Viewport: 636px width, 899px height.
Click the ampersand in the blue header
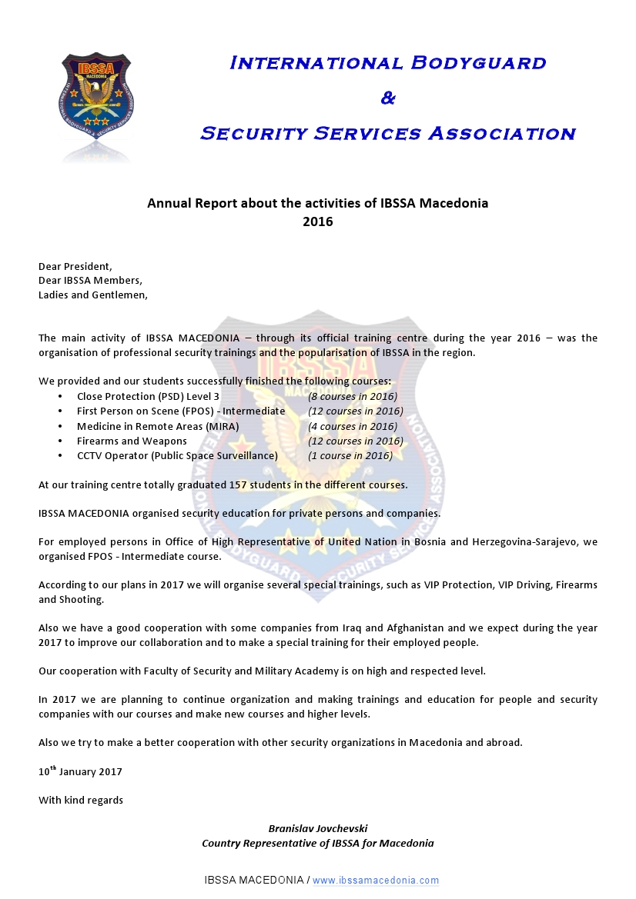point(388,98)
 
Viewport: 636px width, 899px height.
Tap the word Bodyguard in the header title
point(476,63)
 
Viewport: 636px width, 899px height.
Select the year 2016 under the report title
point(317,221)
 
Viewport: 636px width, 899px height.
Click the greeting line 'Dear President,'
point(75,266)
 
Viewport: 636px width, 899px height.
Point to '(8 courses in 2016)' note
point(353,397)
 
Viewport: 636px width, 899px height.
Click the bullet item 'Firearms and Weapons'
point(132,441)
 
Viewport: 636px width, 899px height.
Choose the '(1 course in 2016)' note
point(350,455)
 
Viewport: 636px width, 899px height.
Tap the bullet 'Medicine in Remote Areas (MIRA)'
point(158,426)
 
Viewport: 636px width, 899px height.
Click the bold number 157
point(239,484)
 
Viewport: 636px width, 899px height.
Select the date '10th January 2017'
point(80,771)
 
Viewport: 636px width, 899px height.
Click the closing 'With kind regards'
point(81,800)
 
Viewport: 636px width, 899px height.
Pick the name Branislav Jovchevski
point(317,828)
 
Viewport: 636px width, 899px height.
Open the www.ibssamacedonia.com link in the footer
point(376,881)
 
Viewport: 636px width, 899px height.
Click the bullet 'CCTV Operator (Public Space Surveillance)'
point(177,455)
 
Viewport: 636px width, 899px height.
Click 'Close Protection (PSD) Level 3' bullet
point(148,397)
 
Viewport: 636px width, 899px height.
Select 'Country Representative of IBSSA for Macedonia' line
point(317,843)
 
